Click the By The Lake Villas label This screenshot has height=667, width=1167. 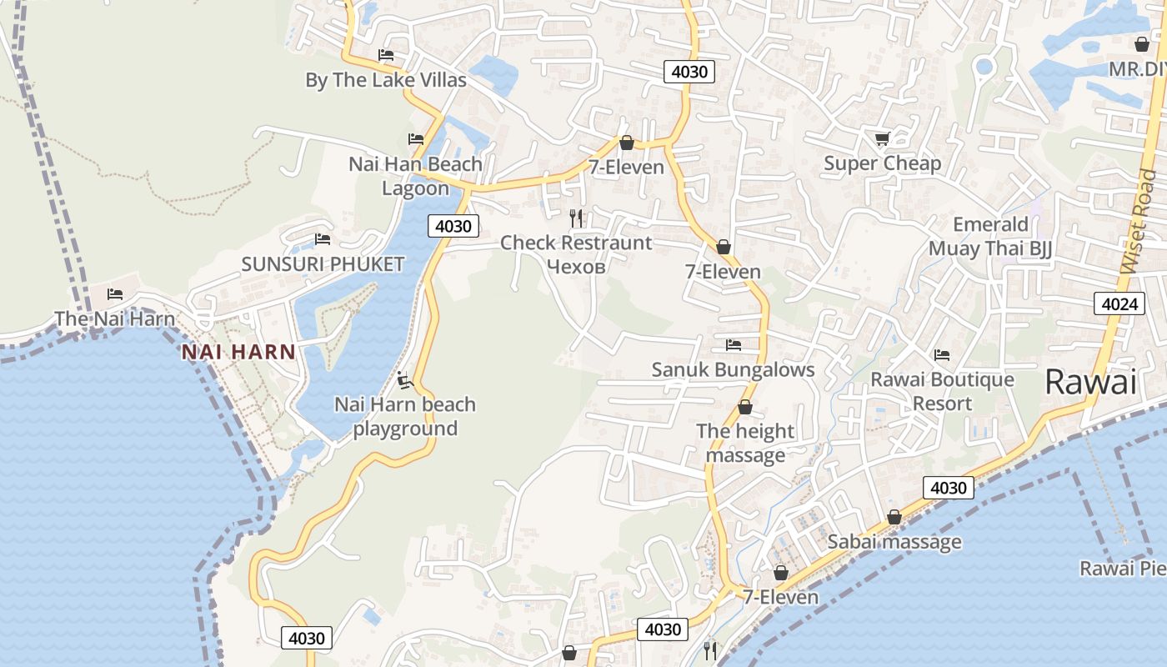coord(385,80)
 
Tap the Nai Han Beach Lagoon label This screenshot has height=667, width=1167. coord(415,176)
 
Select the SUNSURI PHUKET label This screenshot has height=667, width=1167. coord(323,264)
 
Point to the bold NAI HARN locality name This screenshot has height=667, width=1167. coord(238,352)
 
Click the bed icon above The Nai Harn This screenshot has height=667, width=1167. coord(115,294)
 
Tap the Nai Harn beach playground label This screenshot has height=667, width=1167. coord(405,416)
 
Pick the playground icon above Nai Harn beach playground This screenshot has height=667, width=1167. coord(405,380)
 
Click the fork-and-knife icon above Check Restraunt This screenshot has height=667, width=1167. coord(576,218)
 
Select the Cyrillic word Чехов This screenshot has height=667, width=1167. coord(575,266)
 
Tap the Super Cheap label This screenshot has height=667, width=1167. coord(882,163)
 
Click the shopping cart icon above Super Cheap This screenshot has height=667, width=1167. coord(882,138)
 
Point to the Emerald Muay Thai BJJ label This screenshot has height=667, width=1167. coord(990,236)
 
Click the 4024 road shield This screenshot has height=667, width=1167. coord(1119,303)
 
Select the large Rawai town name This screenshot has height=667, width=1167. coord(1090,383)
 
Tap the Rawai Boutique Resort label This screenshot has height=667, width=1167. coord(942,391)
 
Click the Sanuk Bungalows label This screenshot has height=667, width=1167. coord(733,369)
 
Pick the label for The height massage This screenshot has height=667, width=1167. coord(745,443)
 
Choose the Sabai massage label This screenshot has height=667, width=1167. coord(894,542)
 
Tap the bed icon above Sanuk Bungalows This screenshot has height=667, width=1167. coord(734,344)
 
